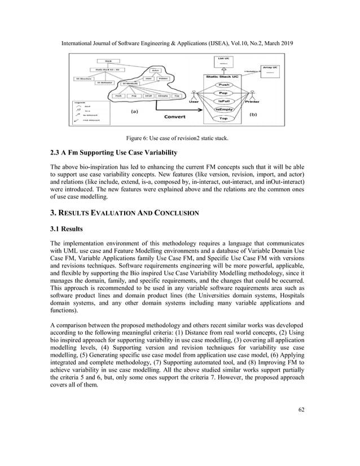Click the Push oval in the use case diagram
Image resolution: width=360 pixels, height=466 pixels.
pyautogui.click(x=223, y=84)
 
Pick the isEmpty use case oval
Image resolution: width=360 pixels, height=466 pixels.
pyautogui.click(x=223, y=109)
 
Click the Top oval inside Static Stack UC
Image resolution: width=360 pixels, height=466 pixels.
pyautogui.click(x=223, y=119)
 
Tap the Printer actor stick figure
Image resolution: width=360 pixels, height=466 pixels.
pyautogui.click(x=252, y=94)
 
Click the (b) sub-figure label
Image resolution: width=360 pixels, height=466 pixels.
pyautogui.click(x=268, y=113)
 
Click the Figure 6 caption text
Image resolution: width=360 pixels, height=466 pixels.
pyautogui.click(x=179, y=137)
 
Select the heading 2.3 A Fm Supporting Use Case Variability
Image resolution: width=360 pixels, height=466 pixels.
pyautogui.click(x=114, y=153)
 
